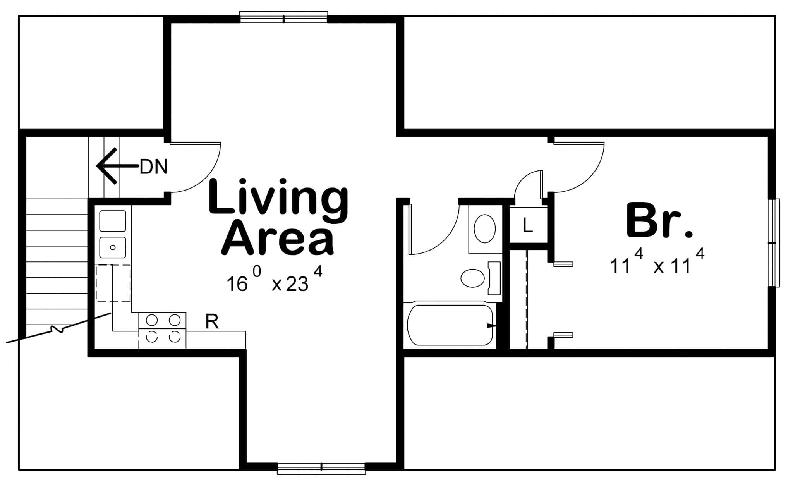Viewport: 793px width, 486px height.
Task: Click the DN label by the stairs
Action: click(154, 167)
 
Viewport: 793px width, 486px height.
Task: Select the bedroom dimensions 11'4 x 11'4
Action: click(657, 263)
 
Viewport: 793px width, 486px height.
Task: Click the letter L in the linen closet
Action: click(527, 226)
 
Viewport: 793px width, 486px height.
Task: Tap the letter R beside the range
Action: click(212, 321)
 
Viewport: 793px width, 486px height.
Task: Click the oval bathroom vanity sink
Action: click(485, 229)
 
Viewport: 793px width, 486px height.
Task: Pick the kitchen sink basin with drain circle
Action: click(113, 247)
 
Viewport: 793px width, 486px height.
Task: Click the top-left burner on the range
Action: click(152, 320)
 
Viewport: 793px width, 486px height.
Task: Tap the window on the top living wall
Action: click(283, 18)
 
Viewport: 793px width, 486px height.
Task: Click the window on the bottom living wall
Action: click(321, 468)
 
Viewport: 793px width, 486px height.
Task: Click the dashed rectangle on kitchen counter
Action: click(113, 283)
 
